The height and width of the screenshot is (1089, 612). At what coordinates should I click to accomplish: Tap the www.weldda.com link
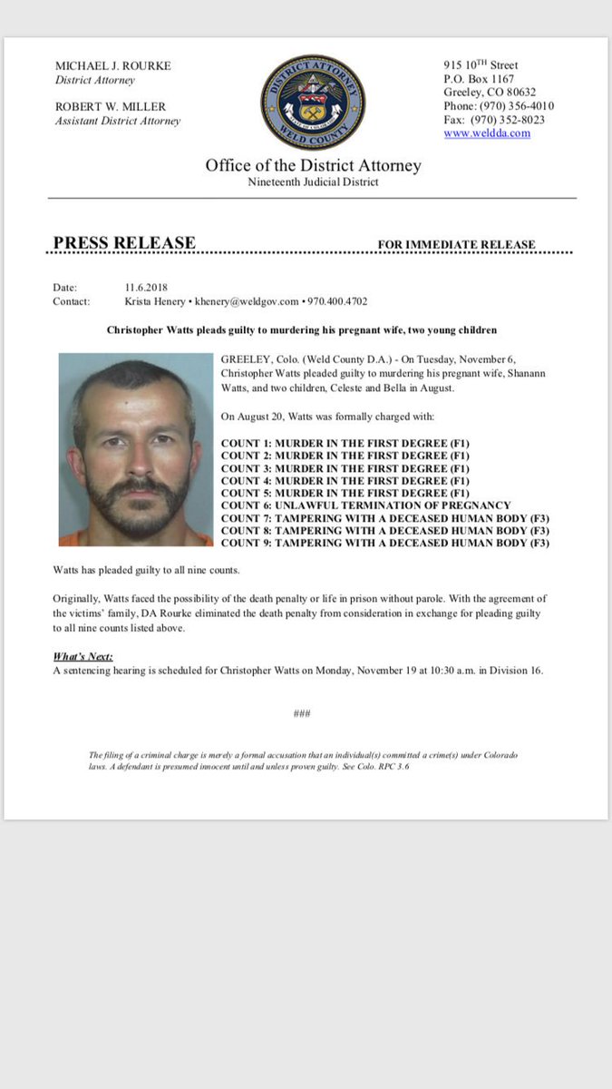[x=487, y=133]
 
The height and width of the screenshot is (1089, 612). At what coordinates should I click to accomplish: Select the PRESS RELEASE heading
[x=124, y=243]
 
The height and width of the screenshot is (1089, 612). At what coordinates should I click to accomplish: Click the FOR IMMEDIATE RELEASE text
[x=457, y=245]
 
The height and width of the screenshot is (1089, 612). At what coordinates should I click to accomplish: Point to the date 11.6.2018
[x=147, y=288]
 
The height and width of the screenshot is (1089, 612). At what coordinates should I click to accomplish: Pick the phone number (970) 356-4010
[x=499, y=106]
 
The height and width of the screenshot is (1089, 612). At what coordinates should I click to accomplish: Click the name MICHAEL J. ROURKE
[x=112, y=66]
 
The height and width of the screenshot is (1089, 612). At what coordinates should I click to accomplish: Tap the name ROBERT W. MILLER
[x=110, y=106]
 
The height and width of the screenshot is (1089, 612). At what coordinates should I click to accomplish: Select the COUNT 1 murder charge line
[x=345, y=442]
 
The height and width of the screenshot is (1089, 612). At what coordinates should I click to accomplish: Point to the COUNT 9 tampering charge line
[x=385, y=544]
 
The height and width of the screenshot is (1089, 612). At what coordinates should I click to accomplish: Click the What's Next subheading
[x=82, y=657]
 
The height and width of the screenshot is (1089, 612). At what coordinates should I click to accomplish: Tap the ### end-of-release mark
[x=303, y=714]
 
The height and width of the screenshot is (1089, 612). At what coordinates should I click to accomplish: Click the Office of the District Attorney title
[x=313, y=166]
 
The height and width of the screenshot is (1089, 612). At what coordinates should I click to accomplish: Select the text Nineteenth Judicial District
[x=313, y=182]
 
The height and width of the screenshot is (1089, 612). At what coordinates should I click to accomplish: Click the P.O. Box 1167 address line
[x=479, y=79]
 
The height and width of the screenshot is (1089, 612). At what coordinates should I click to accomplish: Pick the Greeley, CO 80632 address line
[x=490, y=93]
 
